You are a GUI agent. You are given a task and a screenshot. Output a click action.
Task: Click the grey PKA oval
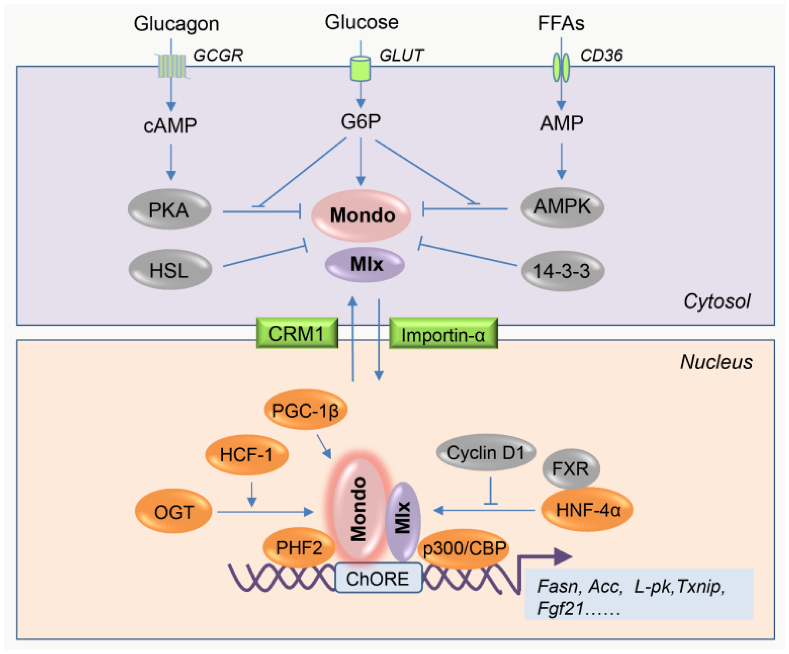click(x=169, y=209)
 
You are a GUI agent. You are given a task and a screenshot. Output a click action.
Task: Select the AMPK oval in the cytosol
click(x=562, y=207)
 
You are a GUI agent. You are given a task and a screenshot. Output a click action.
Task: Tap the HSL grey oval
click(x=170, y=270)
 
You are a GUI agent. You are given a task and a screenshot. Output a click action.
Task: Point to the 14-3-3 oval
click(x=562, y=271)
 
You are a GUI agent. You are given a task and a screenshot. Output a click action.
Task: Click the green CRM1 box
click(x=297, y=333)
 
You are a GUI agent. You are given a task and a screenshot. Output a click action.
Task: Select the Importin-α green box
click(x=443, y=334)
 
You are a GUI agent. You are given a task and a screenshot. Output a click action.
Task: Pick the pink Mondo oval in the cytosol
click(x=361, y=216)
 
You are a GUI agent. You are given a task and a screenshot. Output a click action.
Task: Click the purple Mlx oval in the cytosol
click(x=365, y=264)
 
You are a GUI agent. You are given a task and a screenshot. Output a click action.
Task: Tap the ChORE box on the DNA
click(x=378, y=578)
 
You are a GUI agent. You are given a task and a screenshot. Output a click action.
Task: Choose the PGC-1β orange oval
click(x=305, y=410)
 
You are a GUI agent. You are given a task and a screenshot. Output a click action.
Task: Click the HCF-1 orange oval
click(x=246, y=454)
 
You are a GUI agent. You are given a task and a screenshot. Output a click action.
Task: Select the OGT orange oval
click(x=173, y=511)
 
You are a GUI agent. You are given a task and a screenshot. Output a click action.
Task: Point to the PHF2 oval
click(x=299, y=548)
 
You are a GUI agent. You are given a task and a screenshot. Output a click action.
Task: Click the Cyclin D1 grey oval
click(x=485, y=453)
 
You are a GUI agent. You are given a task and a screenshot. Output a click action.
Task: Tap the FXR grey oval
click(x=570, y=468)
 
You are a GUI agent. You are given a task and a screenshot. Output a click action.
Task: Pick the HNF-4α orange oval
click(x=587, y=510)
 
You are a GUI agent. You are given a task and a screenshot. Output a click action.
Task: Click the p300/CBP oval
click(x=464, y=548)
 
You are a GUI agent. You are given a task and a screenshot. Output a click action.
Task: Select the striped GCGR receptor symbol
click(x=172, y=66)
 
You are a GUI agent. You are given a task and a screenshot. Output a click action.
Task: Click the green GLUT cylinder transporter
click(x=360, y=68)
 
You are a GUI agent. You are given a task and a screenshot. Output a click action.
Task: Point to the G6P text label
click(x=361, y=121)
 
